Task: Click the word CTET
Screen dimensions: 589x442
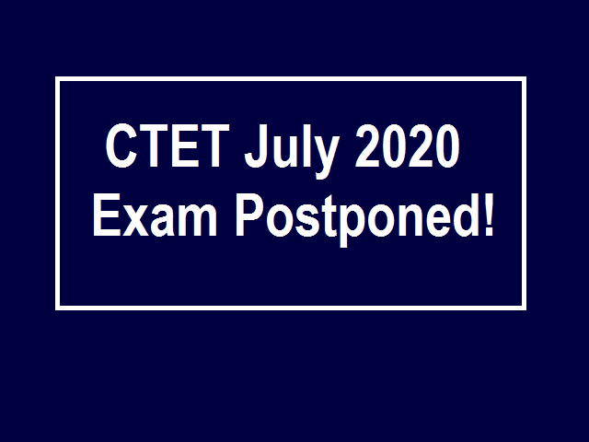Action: pyautogui.click(x=167, y=145)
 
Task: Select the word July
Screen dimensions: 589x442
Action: pyautogui.click(x=292, y=151)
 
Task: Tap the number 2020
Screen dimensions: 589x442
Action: pyautogui.click(x=407, y=145)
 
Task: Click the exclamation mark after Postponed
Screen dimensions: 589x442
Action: pyautogui.click(x=489, y=215)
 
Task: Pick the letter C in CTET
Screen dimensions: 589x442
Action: pyautogui.click(x=121, y=145)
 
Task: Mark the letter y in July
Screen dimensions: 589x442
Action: pyautogui.click(x=326, y=157)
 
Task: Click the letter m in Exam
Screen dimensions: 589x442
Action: pyautogui.click(x=198, y=220)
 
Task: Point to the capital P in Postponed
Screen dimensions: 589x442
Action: pyautogui.click(x=249, y=215)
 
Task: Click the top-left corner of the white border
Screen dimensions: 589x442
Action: pyautogui.click(x=57, y=79)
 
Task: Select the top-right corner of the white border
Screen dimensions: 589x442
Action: pyautogui.click(x=524, y=79)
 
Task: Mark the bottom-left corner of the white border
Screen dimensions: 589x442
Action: pyautogui.click(x=57, y=308)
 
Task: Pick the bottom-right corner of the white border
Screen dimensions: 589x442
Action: pyautogui.click(x=524, y=308)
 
